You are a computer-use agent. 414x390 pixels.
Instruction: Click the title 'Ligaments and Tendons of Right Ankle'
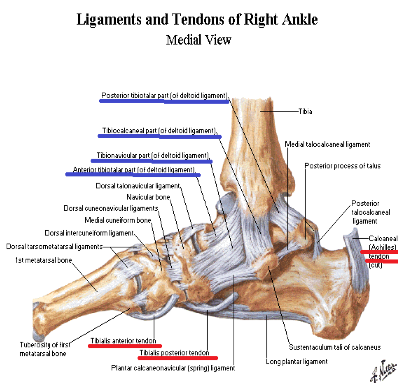(x=197, y=20)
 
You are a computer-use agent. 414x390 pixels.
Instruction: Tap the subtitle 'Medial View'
(x=198, y=40)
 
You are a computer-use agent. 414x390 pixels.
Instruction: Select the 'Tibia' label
(x=305, y=111)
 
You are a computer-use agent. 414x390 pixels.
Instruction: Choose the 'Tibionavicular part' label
(x=152, y=156)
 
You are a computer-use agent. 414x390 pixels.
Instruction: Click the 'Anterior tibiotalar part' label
(x=134, y=170)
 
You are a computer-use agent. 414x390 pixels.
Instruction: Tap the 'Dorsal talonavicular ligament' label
(x=138, y=186)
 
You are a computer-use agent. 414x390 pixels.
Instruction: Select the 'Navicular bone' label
(x=148, y=197)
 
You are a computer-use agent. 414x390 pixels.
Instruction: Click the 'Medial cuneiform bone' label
(x=118, y=220)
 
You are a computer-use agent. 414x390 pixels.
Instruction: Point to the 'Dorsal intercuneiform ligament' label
(x=89, y=233)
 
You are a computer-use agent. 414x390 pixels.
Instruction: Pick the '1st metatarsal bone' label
(x=43, y=260)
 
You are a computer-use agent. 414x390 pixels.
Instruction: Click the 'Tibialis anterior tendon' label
(x=123, y=341)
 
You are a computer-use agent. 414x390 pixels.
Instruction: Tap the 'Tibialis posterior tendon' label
(x=174, y=353)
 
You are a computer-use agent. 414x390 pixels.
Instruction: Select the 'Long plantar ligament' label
(x=297, y=362)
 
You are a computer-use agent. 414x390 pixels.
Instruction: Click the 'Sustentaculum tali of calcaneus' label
(x=335, y=347)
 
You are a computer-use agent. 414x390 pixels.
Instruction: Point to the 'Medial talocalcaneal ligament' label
(x=327, y=144)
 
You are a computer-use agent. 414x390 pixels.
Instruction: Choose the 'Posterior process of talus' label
(x=342, y=166)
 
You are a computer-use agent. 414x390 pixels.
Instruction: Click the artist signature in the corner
(x=384, y=370)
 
